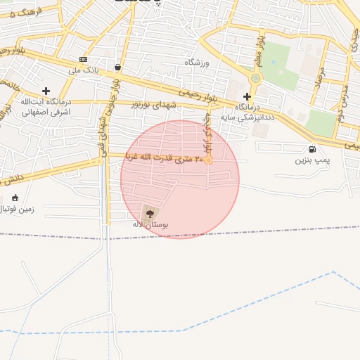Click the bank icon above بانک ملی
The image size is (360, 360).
pos(84,59)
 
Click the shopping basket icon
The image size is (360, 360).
pos(117,68)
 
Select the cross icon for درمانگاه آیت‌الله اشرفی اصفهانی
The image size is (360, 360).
pos(46,91)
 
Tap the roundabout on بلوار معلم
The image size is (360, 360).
pos(255,78)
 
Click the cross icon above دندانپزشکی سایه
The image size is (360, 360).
pos(247,96)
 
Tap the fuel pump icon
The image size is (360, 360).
pos(312,149)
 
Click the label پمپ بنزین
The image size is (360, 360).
pos(311,160)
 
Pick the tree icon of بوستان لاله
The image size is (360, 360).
pos(148,212)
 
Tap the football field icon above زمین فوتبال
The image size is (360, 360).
pos(15,198)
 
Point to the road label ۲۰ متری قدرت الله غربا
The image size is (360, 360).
pos(165,158)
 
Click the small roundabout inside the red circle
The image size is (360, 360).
pos(209,160)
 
